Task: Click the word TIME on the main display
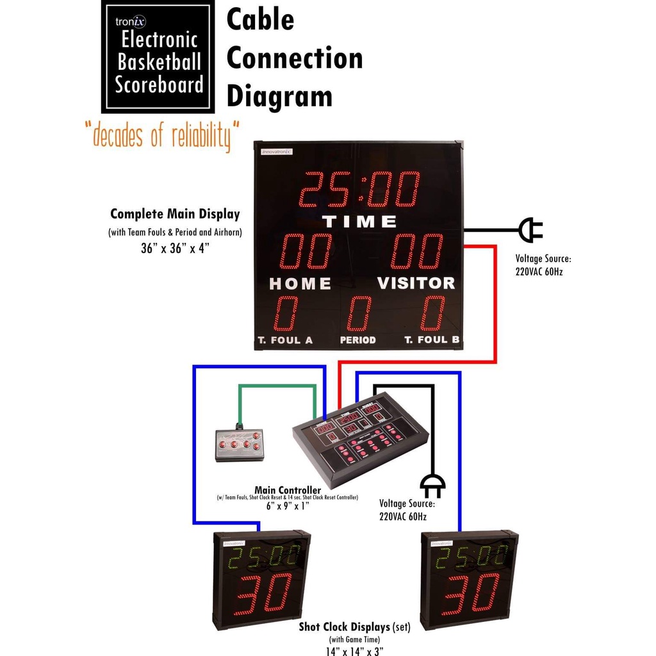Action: click(x=359, y=222)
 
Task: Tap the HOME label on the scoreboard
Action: click(x=300, y=283)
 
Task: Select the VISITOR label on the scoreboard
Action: click(x=416, y=283)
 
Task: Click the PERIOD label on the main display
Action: click(x=357, y=340)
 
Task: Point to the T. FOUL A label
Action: click(x=285, y=340)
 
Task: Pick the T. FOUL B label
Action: click(x=432, y=340)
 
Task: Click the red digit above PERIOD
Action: click(x=359, y=313)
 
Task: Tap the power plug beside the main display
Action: click(x=530, y=230)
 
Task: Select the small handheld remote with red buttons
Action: click(x=239, y=445)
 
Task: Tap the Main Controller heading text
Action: click(x=288, y=490)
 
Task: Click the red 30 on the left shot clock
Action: click(x=262, y=594)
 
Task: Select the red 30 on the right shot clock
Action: click(x=470, y=594)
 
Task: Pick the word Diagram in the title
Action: click(x=279, y=96)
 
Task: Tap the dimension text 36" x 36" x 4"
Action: click(x=174, y=248)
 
